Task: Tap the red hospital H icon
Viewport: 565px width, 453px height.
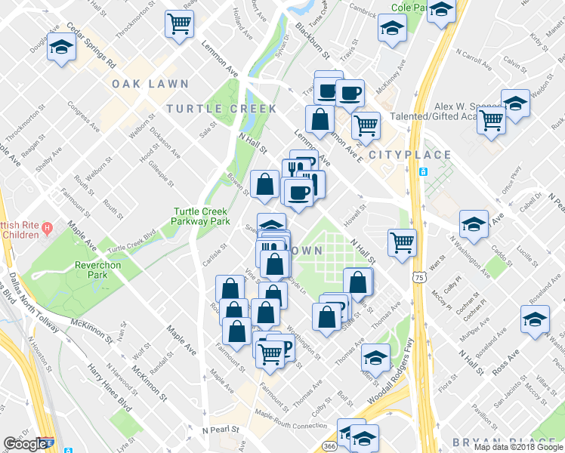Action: (47, 227)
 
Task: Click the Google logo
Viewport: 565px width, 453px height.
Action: (25, 444)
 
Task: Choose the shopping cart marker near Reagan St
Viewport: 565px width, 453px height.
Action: (179, 24)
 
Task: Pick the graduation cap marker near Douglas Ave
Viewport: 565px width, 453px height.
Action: (60, 48)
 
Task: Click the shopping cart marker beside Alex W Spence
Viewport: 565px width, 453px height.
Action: (492, 120)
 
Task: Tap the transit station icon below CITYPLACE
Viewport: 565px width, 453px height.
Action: (423, 171)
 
